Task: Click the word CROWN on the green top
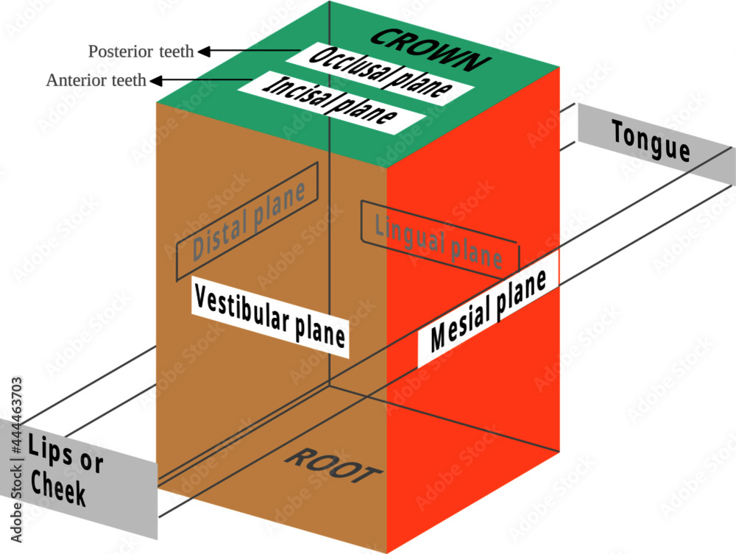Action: [430, 50]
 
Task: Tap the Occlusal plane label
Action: [381, 74]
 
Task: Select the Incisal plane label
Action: [332, 102]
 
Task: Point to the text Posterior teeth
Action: [141, 51]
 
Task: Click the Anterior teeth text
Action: [96, 80]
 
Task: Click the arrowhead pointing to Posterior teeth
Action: [204, 51]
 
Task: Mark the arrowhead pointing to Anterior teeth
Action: [156, 81]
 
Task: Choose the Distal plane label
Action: [248, 221]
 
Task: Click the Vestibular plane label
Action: [270, 316]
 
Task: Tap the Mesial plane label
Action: [488, 310]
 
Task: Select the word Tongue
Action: [651, 141]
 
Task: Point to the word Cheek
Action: [58, 488]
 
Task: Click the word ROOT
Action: [333, 465]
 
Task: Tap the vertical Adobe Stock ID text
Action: [16, 460]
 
